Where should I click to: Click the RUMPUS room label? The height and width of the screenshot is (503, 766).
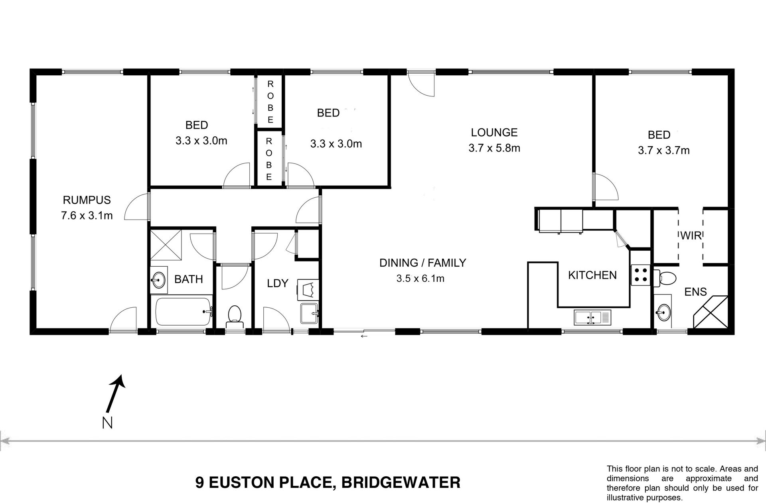point(87,200)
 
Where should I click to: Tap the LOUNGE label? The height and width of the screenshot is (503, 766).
point(494,132)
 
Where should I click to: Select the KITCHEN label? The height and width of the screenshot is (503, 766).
point(592,275)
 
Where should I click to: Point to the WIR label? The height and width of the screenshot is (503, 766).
point(691,236)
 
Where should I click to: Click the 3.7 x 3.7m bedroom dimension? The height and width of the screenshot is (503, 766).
point(664,150)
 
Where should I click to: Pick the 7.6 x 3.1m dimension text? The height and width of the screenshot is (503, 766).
point(87,216)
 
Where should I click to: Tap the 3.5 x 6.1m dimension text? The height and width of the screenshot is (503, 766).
point(421,278)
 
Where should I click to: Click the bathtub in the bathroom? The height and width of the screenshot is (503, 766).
point(183,312)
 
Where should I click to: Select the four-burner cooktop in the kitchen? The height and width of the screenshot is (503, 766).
point(641,275)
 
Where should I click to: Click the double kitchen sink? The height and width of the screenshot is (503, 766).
point(592,318)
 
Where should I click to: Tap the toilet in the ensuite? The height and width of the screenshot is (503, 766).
point(664,277)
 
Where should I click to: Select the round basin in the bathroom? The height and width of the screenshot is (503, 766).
point(159,280)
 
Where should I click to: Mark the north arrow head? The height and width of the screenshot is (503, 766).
point(120,381)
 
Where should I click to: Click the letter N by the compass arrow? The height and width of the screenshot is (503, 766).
point(107,423)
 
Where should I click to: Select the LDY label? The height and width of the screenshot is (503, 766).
point(277,283)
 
